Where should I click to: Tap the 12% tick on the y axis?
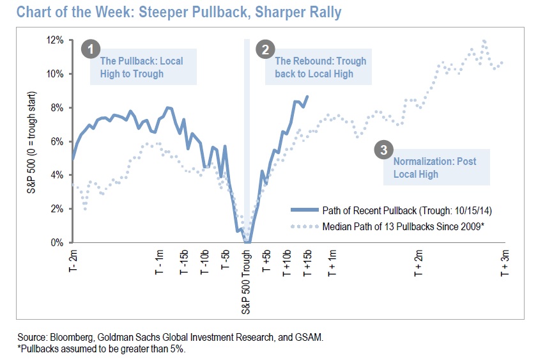coord(55,40)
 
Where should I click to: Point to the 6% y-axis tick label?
coord(57,141)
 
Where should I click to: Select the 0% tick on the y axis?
coord(57,243)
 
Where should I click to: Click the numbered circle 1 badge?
coord(91,49)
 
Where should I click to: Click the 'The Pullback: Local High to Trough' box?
coord(141,67)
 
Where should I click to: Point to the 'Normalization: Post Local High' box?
coord(434,168)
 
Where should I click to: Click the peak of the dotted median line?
coord(484,40)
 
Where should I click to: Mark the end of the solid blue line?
coord(307,97)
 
